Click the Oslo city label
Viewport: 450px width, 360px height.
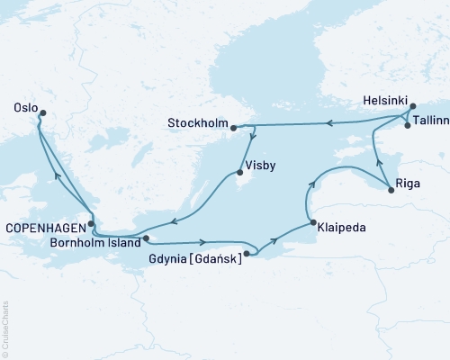[21, 106]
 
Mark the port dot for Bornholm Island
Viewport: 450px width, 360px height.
[146, 239]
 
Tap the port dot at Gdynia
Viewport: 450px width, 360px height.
[247, 255]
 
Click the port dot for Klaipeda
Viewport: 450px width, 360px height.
[311, 223]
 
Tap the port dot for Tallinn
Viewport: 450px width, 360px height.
[408, 126]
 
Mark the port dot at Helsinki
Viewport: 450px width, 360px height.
[413, 107]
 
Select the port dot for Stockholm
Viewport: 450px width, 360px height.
[234, 127]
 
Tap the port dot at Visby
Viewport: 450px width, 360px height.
[239, 173]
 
